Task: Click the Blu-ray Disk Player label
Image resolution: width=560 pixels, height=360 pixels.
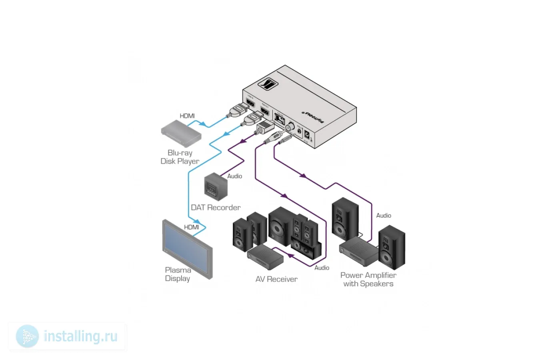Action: point(180,157)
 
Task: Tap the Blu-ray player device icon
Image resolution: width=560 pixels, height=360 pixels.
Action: point(181,131)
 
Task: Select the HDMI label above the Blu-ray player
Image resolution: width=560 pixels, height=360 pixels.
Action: point(187,116)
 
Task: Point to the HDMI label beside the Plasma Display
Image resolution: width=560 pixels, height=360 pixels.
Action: point(191,227)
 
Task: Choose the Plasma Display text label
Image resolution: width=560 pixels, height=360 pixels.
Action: point(178,274)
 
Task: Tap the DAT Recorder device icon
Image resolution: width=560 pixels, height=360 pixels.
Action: point(216,186)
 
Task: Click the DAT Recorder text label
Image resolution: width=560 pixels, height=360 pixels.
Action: point(216,208)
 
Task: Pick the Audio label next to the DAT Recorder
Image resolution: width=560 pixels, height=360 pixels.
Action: point(235,176)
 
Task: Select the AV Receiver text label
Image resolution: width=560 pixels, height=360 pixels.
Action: point(276,279)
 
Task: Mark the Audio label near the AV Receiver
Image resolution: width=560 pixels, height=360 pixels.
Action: point(322,268)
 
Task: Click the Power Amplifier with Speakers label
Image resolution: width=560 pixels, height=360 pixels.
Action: point(368,279)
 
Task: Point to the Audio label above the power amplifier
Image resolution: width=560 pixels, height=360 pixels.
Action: point(384,216)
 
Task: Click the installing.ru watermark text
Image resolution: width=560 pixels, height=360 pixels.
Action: point(80,336)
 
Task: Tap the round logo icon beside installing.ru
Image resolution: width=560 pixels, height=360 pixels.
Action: point(28,336)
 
